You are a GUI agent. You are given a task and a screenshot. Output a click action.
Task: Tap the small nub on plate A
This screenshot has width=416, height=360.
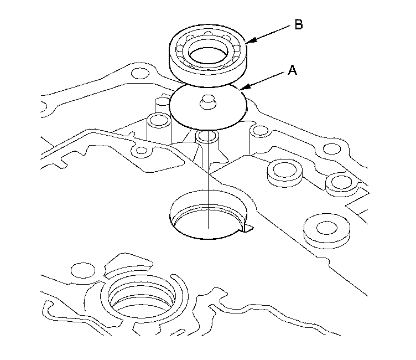[209, 102]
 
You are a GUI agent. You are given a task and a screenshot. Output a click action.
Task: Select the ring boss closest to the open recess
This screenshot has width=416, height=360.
[284, 173]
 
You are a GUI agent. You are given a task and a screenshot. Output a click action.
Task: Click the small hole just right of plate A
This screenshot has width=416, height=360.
[257, 131]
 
